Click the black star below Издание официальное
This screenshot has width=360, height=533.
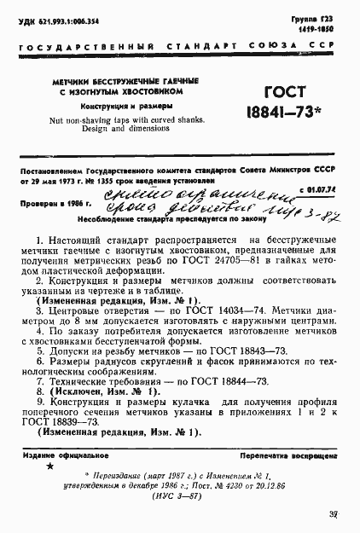tap(49, 467)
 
